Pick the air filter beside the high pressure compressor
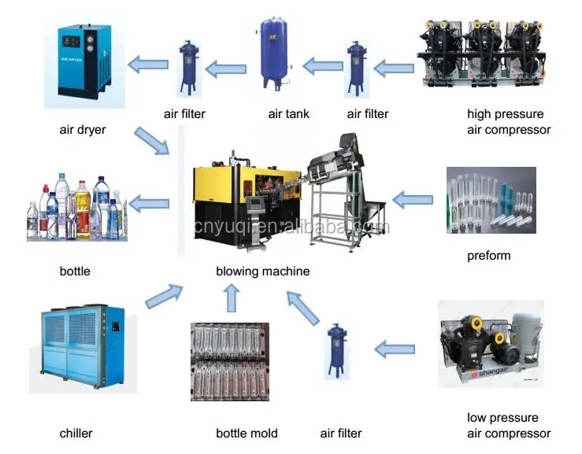pos(356,65)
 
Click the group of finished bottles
pos(76,209)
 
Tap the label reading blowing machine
pos(263,271)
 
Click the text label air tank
pos(289,114)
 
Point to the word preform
pos(488,255)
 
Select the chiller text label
pos(76,433)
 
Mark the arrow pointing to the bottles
pos(149,205)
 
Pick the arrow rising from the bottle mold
pos(231,298)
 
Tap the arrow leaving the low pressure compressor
pos(394,347)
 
